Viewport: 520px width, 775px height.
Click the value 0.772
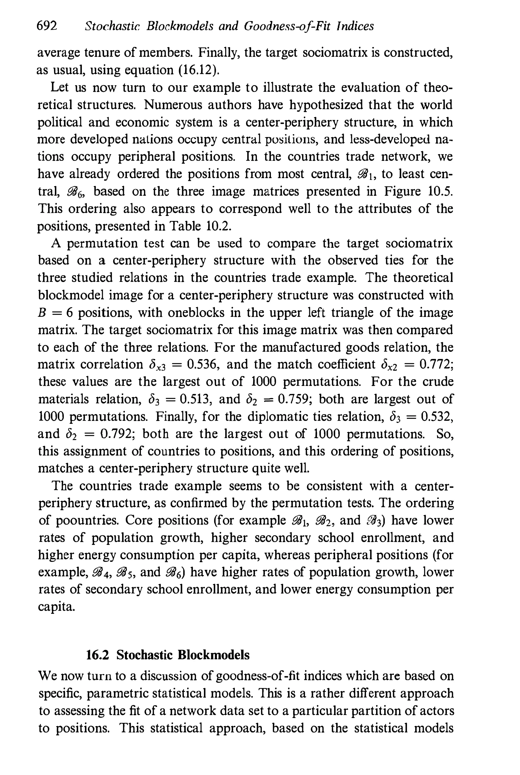(x=436, y=364)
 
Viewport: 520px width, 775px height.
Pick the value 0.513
(x=196, y=399)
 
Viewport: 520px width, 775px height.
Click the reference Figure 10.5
(x=418, y=192)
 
